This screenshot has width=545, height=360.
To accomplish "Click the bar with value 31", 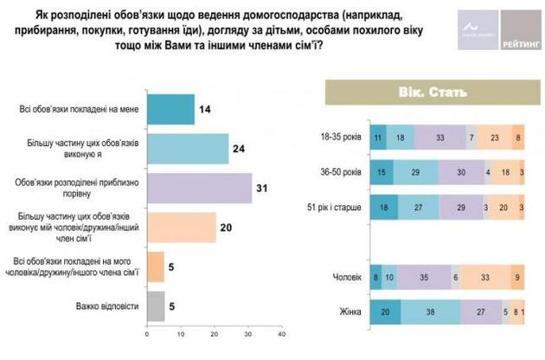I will click(198, 188).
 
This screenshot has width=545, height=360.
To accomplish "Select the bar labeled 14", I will click(169, 110).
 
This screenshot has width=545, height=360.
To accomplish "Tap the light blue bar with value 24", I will click(186, 148).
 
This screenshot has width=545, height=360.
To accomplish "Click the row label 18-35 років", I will click(341, 137).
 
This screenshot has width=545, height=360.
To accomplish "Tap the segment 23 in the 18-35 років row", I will click(494, 137).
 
